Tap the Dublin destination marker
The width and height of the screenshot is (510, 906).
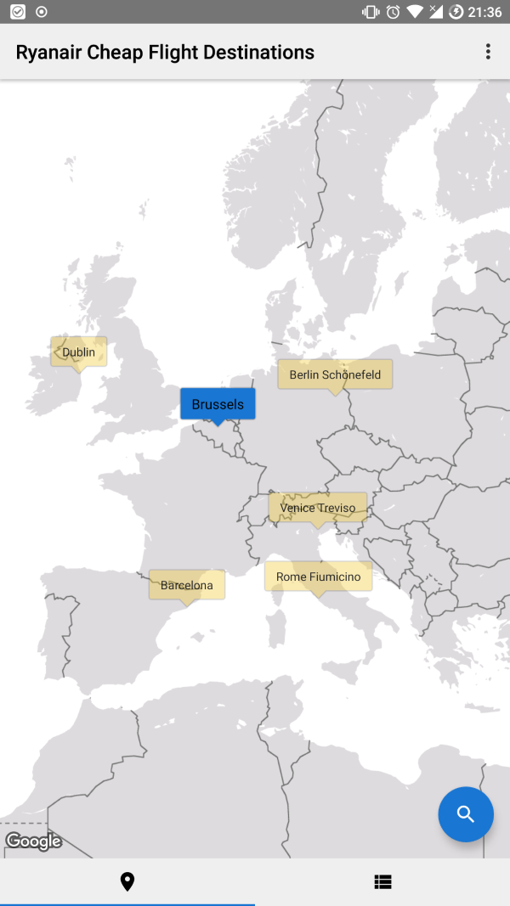tap(78, 352)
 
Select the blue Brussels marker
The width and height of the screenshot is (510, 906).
tap(218, 404)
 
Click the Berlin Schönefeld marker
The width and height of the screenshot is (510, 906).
tap(335, 374)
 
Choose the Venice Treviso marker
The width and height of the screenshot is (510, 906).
tap(318, 508)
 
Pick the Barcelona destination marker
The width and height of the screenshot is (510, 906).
tap(187, 585)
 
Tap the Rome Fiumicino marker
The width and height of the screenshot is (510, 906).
tap(318, 577)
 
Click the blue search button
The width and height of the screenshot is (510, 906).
tap(466, 814)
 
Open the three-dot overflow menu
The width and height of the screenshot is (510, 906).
tap(488, 52)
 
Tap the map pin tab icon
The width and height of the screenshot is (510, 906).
tap(127, 882)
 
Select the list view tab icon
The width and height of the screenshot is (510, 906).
tap(382, 882)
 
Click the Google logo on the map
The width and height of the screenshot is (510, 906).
tap(34, 841)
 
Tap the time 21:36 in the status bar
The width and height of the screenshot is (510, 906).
tap(485, 12)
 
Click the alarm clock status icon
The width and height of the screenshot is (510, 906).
tap(393, 12)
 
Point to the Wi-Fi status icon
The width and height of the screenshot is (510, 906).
tap(415, 12)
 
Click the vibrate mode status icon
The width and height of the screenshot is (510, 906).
tap(371, 12)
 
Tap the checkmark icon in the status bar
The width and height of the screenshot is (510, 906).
tap(17, 12)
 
